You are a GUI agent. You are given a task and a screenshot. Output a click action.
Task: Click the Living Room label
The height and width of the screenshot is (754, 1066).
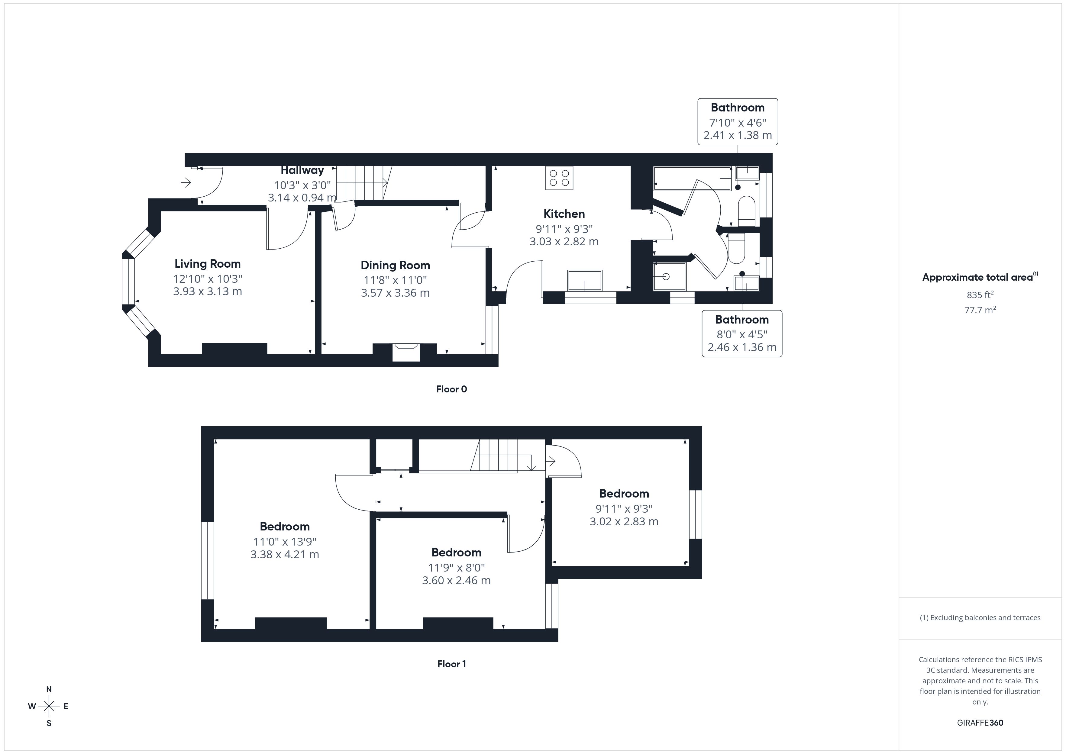pyautogui.click(x=208, y=264)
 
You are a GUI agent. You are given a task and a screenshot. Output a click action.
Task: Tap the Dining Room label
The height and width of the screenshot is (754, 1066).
pyautogui.click(x=395, y=265)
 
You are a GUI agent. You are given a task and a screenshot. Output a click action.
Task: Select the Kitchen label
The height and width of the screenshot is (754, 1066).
pyautogui.click(x=564, y=214)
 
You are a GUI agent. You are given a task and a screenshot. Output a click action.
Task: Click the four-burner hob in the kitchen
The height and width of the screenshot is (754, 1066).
pyautogui.click(x=559, y=178)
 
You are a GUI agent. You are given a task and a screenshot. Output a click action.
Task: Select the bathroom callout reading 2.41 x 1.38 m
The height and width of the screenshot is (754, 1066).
pyautogui.click(x=737, y=135)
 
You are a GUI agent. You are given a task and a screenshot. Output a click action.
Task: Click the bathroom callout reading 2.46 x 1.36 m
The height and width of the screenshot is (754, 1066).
pyautogui.click(x=741, y=347)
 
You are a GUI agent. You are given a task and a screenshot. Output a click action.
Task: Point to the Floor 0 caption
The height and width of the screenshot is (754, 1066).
pyautogui.click(x=451, y=389)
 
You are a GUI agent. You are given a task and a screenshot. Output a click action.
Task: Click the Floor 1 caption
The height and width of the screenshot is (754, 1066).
pyautogui.click(x=451, y=664)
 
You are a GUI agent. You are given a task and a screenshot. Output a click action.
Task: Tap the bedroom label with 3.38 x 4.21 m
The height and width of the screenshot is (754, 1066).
pyautogui.click(x=285, y=527)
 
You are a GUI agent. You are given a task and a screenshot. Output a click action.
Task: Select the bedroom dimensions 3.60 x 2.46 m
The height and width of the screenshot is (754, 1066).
pyautogui.click(x=456, y=580)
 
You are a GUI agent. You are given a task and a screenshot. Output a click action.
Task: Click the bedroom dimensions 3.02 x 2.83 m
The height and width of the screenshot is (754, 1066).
pyautogui.click(x=624, y=521)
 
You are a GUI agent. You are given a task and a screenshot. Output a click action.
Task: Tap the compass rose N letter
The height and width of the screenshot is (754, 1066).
pyautogui.click(x=49, y=689)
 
